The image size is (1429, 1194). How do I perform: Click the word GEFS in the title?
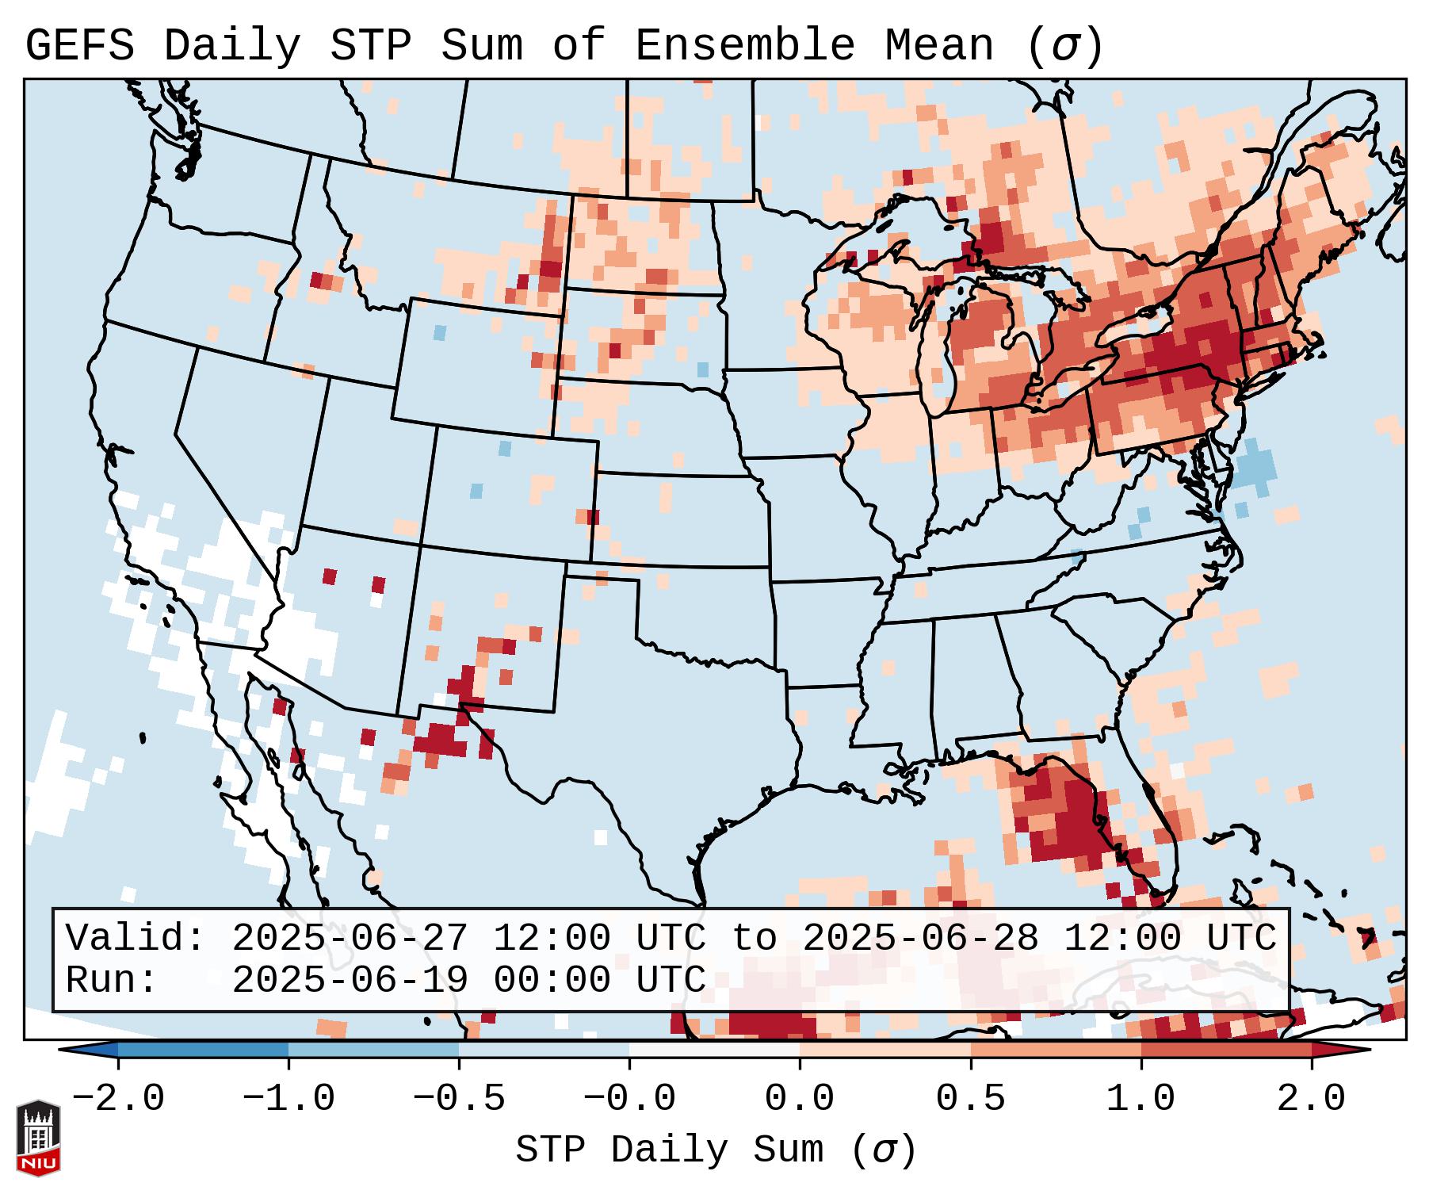tap(80, 46)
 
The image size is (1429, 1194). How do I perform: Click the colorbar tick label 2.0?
tap(1311, 1099)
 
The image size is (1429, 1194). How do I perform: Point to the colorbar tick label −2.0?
tap(118, 1099)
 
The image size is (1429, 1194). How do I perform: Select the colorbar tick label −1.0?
tap(288, 1099)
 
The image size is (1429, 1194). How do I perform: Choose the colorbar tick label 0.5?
tap(970, 1099)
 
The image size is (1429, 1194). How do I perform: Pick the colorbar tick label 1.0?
tap(1141, 1099)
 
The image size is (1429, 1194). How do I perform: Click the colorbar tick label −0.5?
tap(459, 1099)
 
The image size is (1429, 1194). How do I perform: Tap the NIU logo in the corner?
tap(38, 1138)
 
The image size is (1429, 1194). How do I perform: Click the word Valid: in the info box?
tap(135, 939)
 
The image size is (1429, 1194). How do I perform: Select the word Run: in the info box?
tap(111, 980)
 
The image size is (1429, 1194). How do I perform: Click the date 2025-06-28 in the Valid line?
tap(920, 939)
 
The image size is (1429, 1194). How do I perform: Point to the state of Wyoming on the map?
tap(476, 365)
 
